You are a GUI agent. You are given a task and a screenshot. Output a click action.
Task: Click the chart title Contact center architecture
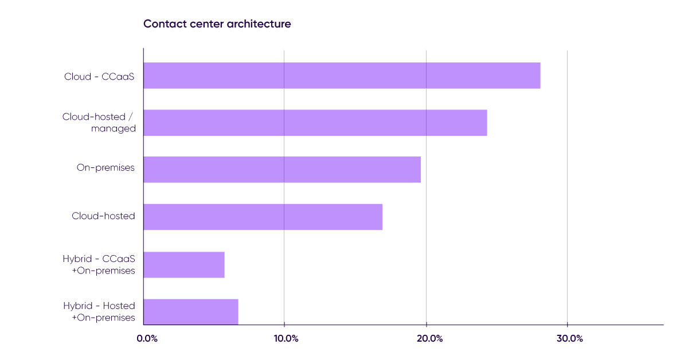(217, 24)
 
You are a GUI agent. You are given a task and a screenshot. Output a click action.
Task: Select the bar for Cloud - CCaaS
(342, 76)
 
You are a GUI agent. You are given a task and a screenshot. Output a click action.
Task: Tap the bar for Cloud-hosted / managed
(315, 123)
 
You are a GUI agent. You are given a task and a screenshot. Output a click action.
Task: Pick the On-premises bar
(282, 170)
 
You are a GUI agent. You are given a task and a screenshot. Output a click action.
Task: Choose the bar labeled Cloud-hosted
(263, 217)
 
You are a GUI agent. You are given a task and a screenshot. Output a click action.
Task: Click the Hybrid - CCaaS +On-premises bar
(184, 264)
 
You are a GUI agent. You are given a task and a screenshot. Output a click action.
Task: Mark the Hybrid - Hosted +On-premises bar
(191, 311)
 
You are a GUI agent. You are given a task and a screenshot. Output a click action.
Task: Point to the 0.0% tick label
(147, 338)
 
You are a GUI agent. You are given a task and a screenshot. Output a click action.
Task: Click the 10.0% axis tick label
(286, 338)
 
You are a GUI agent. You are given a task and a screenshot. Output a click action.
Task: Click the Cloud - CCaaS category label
(99, 76)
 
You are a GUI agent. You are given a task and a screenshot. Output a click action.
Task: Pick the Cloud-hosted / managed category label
(99, 123)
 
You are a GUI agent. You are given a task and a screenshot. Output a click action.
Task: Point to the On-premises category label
(106, 168)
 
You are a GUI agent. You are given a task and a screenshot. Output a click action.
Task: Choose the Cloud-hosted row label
(103, 216)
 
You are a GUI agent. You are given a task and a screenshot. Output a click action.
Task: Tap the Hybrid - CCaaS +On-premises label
(99, 264)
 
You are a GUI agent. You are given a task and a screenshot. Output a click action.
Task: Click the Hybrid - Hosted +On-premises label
(99, 311)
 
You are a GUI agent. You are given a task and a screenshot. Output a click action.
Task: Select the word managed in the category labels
(113, 129)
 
